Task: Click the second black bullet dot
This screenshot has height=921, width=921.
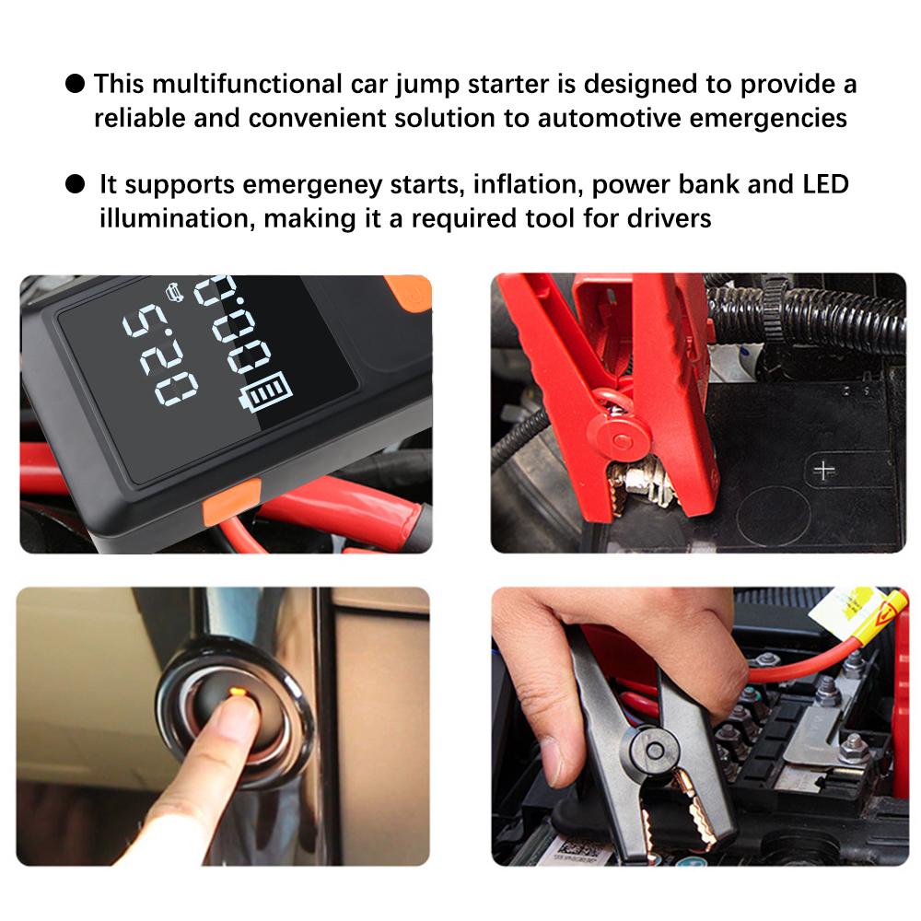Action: pyautogui.click(x=75, y=184)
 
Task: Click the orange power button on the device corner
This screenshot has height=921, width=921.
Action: pyautogui.click(x=410, y=293)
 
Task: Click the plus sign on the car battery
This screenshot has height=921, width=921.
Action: pyautogui.click(x=823, y=470)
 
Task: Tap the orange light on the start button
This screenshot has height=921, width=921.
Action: pyautogui.click(x=234, y=691)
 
